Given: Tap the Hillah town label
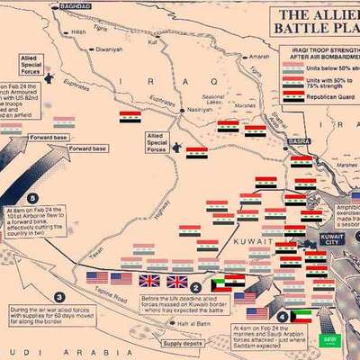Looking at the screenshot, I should tap(78, 31).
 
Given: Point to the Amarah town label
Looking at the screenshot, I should tap(258, 57).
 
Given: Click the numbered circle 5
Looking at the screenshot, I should tap(33, 198).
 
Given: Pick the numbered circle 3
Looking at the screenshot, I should tap(59, 297).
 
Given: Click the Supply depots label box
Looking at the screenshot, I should tap(183, 343).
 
